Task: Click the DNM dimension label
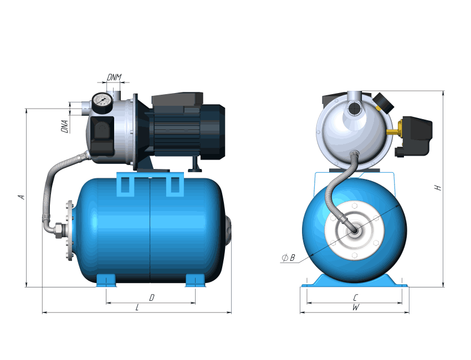(114, 77)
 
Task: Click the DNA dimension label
(64, 126)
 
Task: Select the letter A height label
(21, 197)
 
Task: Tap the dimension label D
(152, 297)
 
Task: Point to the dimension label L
(137, 308)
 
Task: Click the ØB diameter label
(288, 258)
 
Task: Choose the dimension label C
(355, 297)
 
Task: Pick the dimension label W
(356, 308)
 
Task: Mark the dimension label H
(438, 188)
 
